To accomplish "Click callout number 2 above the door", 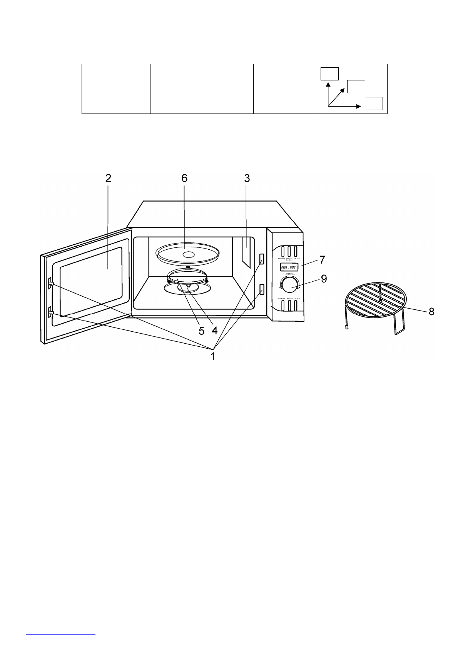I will click(x=108, y=178).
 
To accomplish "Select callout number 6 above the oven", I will click(x=184, y=178).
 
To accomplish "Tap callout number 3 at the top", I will click(x=247, y=178).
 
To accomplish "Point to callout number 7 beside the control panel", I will click(x=323, y=260).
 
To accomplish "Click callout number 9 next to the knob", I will click(x=324, y=279).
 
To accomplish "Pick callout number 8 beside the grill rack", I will click(x=431, y=312).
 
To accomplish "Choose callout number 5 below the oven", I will click(x=201, y=331).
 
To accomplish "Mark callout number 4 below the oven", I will click(x=214, y=331).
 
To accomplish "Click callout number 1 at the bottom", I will click(x=212, y=357).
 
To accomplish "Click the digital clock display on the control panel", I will click(x=288, y=267).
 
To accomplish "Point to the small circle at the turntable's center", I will click(x=189, y=255).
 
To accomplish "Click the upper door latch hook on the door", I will click(x=51, y=284).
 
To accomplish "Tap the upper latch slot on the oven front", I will click(x=262, y=259).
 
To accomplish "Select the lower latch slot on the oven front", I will click(x=262, y=289).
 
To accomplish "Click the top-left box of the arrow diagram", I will click(x=330, y=73).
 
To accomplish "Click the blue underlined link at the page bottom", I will click(x=61, y=633).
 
